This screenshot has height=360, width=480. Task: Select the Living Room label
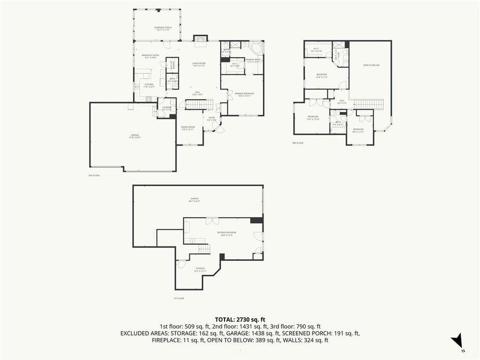click(199, 64)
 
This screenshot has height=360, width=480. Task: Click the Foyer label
click(212, 119)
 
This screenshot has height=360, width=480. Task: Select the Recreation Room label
click(227, 234)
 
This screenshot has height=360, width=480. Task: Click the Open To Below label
click(371, 65)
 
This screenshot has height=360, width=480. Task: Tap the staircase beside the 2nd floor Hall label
click(199, 104)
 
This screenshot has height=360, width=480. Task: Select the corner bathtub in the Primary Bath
click(258, 47)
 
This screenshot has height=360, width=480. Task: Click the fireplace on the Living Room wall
click(199, 38)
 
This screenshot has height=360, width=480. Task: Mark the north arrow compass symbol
click(458, 342)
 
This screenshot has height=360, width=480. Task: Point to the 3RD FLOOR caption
click(298, 143)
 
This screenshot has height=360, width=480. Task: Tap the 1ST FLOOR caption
click(179, 298)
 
